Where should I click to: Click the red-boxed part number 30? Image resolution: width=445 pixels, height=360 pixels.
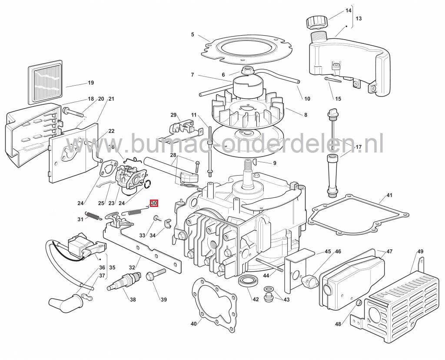point(154,203)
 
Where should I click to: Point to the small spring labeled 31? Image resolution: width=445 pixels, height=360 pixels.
point(93,215)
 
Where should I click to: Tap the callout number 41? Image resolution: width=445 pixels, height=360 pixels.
point(389,195)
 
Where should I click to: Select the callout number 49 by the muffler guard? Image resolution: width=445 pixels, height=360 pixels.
point(420,252)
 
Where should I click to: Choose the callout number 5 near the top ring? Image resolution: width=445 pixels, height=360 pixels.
point(192,34)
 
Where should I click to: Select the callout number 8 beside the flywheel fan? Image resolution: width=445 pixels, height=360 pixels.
point(306,115)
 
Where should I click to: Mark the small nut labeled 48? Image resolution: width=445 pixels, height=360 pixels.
point(359,303)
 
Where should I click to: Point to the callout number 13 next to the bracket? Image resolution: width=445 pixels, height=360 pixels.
point(358,19)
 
